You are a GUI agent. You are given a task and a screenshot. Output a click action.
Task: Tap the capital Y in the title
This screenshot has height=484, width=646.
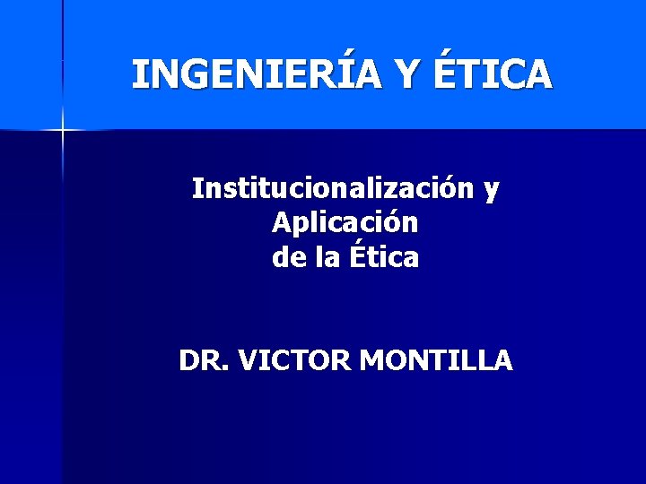408,74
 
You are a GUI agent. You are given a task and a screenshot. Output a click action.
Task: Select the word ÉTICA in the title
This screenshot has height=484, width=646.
493,74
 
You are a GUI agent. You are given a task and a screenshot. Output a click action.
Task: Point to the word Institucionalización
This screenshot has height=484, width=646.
333,189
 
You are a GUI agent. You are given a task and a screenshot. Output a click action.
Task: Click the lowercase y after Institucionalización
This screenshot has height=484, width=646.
492,192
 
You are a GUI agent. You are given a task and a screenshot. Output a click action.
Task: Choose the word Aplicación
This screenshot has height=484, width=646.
345,223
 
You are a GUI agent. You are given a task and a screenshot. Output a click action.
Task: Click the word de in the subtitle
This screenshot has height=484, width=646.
287,258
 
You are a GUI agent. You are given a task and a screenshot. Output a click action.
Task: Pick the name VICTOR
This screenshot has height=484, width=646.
296,360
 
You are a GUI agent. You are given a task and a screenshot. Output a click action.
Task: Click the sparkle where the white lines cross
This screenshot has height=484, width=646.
63,130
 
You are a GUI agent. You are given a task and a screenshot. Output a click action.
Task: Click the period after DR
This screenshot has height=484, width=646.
227,368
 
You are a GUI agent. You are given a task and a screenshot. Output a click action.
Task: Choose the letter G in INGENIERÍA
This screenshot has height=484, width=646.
200,75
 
